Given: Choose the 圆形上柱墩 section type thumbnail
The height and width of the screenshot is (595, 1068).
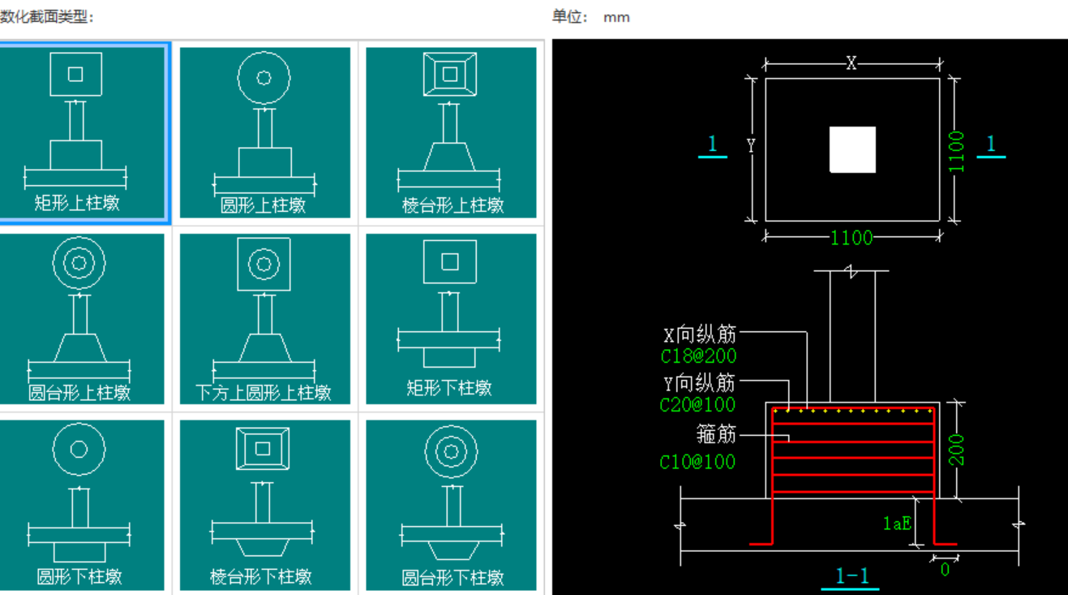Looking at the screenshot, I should click(x=264, y=132).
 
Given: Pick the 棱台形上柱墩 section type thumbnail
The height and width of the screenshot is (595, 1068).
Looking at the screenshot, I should click(x=451, y=132).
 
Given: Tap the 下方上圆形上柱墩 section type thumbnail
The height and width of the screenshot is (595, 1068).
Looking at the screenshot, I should click(x=264, y=319).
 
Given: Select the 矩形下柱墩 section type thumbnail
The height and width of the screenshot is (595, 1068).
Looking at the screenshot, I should click(x=451, y=319).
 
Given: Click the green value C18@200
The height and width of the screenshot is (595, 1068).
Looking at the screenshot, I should click(x=699, y=356).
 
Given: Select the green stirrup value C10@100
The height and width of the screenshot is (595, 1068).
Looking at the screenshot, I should click(x=697, y=462).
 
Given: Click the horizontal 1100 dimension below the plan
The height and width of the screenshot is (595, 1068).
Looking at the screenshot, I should click(x=851, y=237).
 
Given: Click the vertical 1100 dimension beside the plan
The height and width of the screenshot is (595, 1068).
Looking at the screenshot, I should click(x=957, y=151).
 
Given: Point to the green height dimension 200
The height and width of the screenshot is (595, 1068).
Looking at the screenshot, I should click(x=957, y=450).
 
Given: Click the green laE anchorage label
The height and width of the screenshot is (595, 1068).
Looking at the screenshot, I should click(x=897, y=524).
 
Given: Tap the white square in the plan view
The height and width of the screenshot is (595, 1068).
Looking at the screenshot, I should click(x=852, y=149).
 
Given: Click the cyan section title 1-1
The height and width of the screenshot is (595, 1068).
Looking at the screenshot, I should click(x=852, y=576).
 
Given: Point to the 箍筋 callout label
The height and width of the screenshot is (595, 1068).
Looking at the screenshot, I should click(x=716, y=435).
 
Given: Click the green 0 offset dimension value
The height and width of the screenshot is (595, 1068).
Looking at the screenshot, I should click(x=945, y=570).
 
